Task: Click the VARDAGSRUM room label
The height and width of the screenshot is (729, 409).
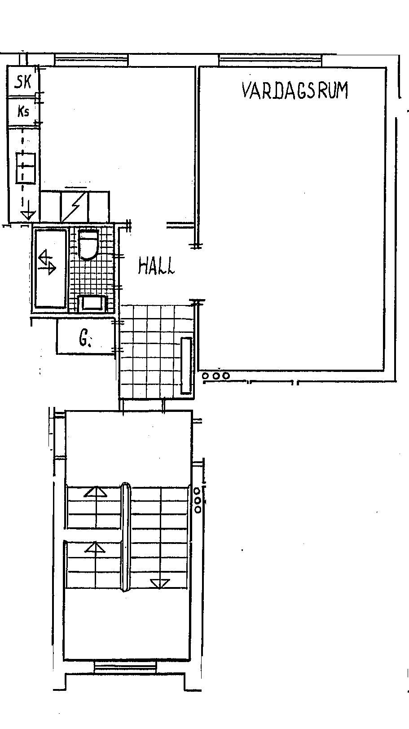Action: [x=295, y=90]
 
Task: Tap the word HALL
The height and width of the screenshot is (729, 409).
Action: [x=156, y=266]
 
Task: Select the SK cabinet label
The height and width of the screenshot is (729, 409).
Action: [x=23, y=82]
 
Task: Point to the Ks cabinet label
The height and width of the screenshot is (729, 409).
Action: [x=23, y=112]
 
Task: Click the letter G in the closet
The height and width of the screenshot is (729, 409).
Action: [x=84, y=339]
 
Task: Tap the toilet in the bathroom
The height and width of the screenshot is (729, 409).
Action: [x=88, y=244]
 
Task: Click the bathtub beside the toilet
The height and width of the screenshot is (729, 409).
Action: [x=50, y=269]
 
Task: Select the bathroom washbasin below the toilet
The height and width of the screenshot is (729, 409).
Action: [x=93, y=303]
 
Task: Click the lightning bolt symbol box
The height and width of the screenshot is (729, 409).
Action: [x=75, y=207]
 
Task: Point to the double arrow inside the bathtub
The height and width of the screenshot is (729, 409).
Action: [x=47, y=262]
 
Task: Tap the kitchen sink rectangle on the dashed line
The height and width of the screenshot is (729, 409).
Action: [x=26, y=168]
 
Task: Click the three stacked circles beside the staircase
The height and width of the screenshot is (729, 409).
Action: [x=198, y=500]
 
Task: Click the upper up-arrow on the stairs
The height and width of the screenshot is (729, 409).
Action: [x=95, y=492]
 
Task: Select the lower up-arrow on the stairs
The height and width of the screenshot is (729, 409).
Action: [x=95, y=547]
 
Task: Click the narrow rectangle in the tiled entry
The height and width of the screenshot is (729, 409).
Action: [x=186, y=366]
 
